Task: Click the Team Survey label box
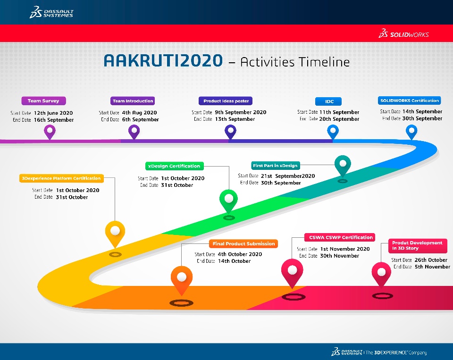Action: [x=43, y=101]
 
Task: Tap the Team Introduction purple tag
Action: [x=133, y=101]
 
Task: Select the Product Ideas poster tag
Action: [x=226, y=101]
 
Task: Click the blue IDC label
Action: [x=328, y=101]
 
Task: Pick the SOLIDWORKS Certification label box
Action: [x=409, y=100]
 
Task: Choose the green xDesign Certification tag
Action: [x=174, y=166]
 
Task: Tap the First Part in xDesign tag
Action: [x=275, y=166]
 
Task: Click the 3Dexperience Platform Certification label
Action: [x=61, y=178]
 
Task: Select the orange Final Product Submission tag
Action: [x=243, y=243]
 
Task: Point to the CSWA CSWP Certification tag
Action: [x=340, y=237]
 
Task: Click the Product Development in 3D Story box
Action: [x=418, y=246]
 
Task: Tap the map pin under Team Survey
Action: [x=50, y=132]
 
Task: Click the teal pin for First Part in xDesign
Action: [x=343, y=166]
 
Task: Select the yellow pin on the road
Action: [x=115, y=234]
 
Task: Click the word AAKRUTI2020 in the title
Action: [x=163, y=61]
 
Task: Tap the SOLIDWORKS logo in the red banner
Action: [x=403, y=33]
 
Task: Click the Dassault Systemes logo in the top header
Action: [x=52, y=12]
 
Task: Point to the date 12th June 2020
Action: [x=53, y=113]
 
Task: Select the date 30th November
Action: [x=339, y=256]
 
